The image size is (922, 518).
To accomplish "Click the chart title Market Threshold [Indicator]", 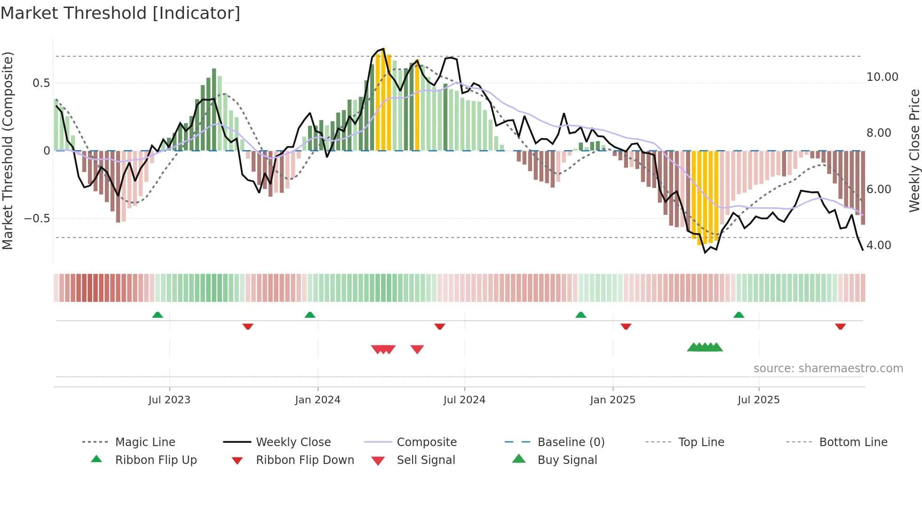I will (x=120, y=13).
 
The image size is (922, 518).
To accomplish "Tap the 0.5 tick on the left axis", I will (x=41, y=83).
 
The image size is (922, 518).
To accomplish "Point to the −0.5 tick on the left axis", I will (x=37, y=219).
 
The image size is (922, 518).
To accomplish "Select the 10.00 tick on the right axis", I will (x=882, y=77).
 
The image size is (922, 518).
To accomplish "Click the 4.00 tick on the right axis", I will (x=878, y=245).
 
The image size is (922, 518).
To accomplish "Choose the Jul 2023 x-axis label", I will (x=169, y=400).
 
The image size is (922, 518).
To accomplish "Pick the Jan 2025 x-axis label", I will (x=612, y=400).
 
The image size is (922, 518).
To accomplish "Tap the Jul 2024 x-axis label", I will (x=464, y=400).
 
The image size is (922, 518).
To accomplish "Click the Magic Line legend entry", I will (x=145, y=442).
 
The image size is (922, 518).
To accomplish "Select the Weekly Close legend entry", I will (x=293, y=442).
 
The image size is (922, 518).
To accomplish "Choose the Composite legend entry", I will (x=427, y=442).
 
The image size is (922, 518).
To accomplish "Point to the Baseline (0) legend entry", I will (x=571, y=442).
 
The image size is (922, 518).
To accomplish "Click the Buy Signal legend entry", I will (x=567, y=460).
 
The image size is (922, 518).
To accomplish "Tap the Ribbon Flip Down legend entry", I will (x=305, y=460).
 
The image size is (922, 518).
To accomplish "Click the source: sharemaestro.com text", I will (x=828, y=369).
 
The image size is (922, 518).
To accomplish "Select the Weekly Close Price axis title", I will (x=914, y=150).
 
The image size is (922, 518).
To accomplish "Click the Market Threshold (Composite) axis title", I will (x=8, y=150).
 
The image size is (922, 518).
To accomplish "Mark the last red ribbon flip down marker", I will (x=840, y=326).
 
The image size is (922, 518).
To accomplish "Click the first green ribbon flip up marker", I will (x=158, y=315).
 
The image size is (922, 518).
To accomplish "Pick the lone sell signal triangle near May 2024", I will (x=417, y=349).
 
